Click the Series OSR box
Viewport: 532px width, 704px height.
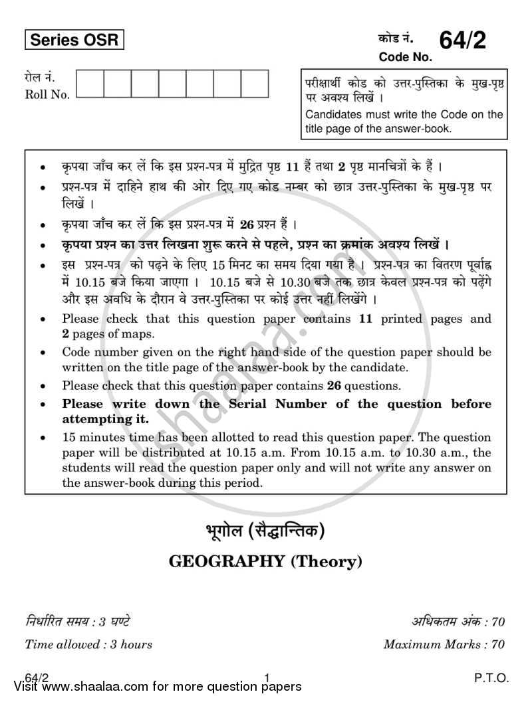74,40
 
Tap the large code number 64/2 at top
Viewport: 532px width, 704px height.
462,41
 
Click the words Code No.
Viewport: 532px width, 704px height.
405,58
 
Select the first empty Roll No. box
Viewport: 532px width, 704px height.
90,84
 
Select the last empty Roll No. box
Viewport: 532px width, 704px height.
255,84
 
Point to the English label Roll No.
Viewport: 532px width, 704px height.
47,95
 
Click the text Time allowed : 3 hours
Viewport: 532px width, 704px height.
88,644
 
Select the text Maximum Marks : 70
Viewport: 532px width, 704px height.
444,644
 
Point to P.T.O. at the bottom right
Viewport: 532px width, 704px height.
492,678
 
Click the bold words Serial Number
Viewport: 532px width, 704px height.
263,404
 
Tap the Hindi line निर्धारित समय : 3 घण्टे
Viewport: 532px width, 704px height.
77,622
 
